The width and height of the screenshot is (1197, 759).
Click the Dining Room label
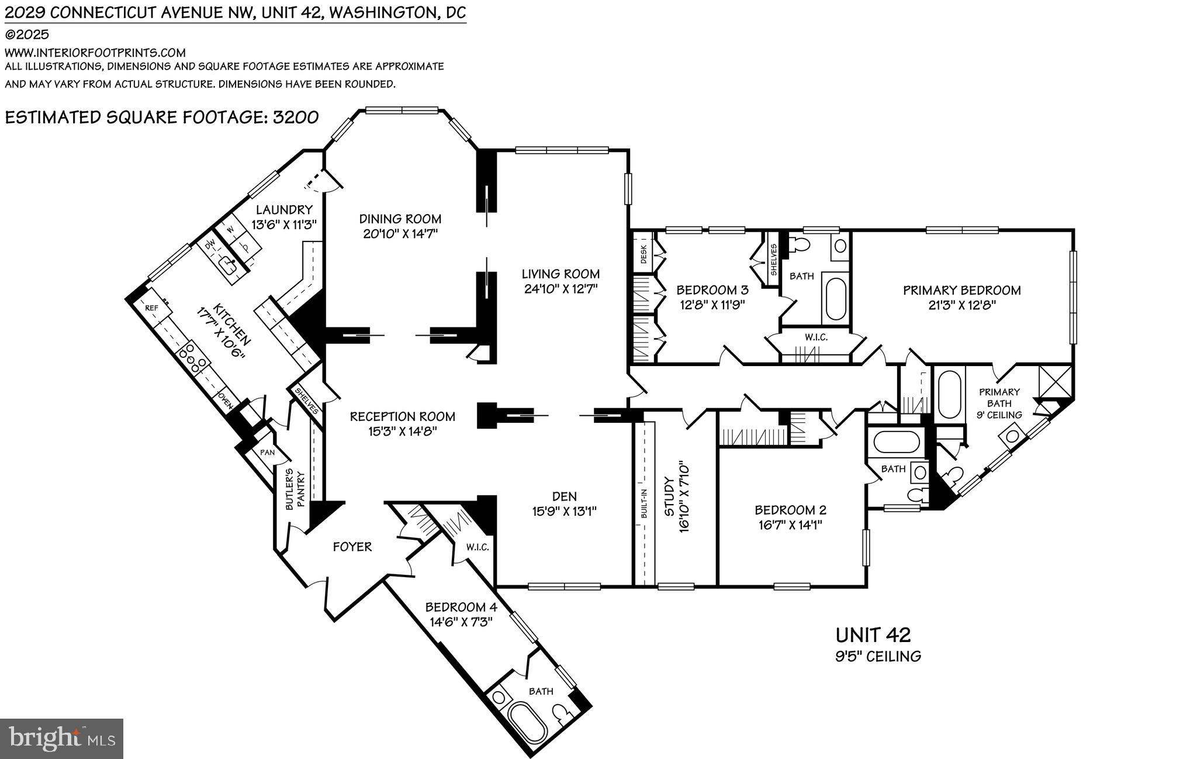coord(400,219)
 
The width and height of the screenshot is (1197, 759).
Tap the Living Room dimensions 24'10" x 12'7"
coord(560,288)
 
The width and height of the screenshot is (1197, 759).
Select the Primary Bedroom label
coord(961,290)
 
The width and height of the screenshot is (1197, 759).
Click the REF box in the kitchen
coord(151,308)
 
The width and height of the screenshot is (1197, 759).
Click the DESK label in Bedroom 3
coord(644,250)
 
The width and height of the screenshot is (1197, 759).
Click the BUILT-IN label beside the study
coord(644,503)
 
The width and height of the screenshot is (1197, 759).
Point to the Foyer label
coord(352,547)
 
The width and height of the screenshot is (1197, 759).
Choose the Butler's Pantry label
coord(296,491)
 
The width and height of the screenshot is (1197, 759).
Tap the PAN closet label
coord(267,453)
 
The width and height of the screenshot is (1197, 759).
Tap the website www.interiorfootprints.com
coord(95,53)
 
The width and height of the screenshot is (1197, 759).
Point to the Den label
coord(564,496)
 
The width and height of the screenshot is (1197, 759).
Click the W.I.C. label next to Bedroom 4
coord(477,548)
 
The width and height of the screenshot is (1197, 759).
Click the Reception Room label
coord(402,416)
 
